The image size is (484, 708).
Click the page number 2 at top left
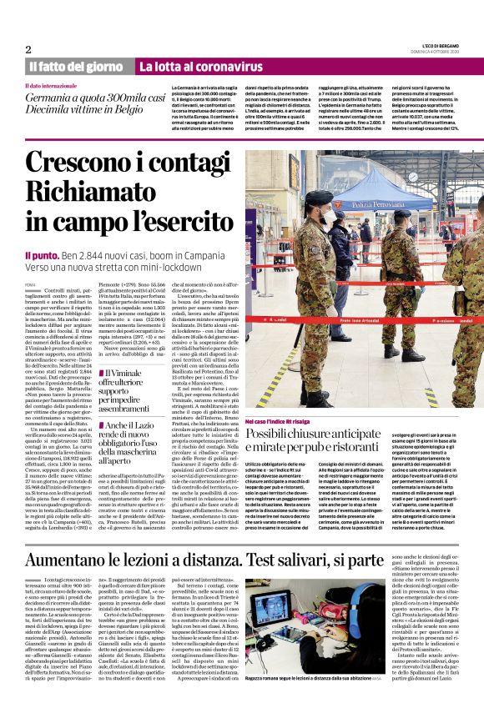(x=28, y=49)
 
